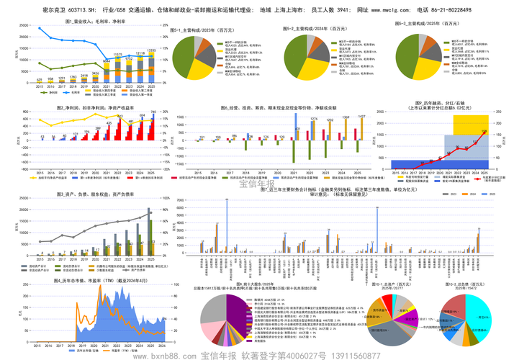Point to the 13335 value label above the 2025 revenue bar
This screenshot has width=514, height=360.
(x=151, y=50)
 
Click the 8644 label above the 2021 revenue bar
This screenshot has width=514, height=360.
(x=107, y=62)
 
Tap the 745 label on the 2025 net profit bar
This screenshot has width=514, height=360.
(x=153, y=112)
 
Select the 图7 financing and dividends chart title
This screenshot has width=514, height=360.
(x=431, y=105)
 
